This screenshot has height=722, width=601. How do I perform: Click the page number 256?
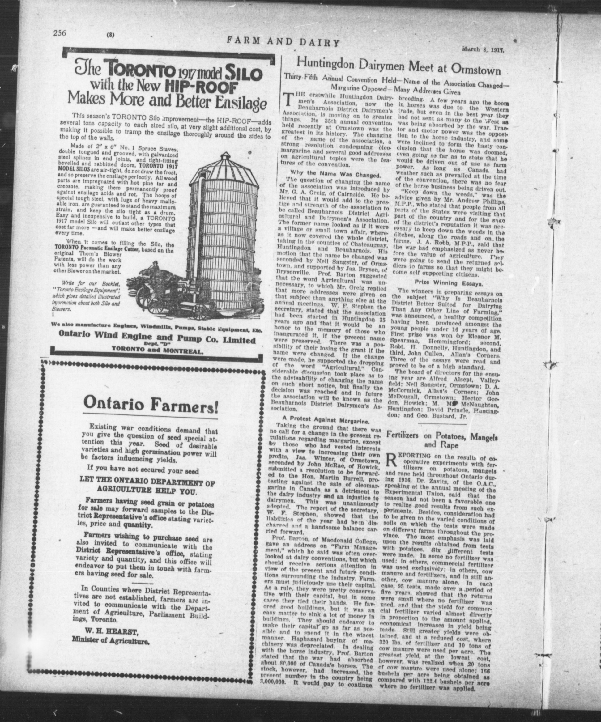coord(59,33)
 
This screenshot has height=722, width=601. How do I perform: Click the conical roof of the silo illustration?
coord(230,172)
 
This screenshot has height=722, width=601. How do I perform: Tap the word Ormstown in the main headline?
coord(475,70)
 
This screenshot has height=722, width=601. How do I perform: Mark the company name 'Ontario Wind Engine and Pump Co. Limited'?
coord(157,341)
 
